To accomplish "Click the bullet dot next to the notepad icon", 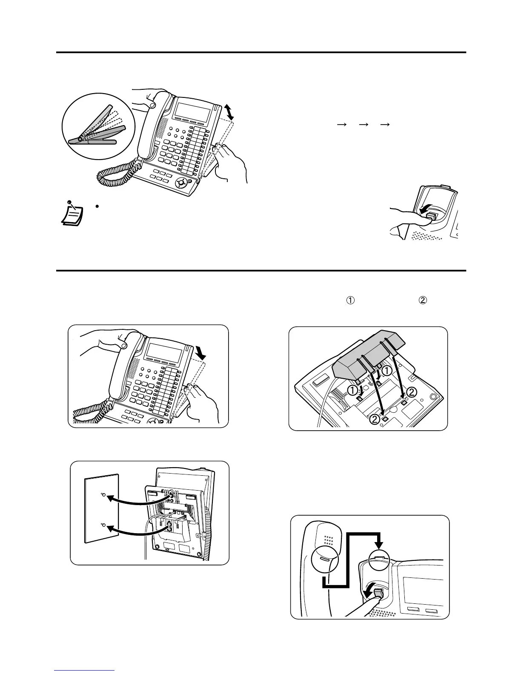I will (97, 206).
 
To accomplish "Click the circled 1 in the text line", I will (350, 300).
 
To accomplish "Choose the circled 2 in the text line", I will (423, 300).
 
